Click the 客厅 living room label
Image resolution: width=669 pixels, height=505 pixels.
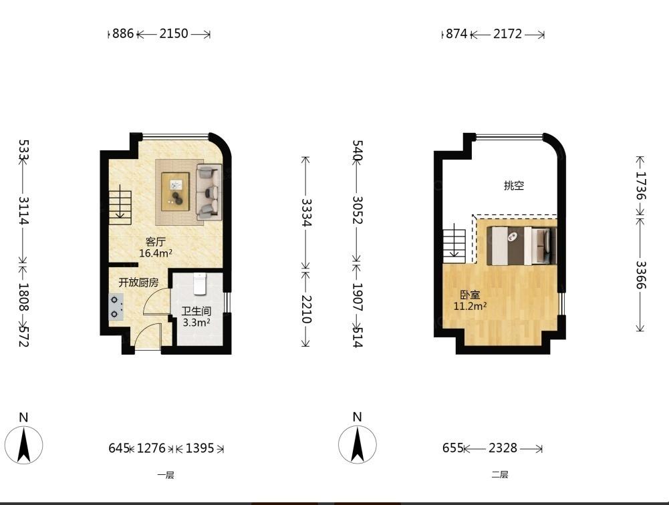(155, 242)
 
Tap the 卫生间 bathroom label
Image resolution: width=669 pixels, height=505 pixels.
(196, 311)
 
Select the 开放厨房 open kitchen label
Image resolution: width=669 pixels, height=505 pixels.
(138, 283)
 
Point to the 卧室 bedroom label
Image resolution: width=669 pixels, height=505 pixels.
(470, 295)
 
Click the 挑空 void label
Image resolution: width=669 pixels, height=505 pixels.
(514, 186)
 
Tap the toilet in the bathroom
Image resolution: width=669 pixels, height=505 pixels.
(200, 284)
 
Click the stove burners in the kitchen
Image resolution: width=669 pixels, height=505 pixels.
(116, 307)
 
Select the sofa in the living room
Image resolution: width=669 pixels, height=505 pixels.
(209, 192)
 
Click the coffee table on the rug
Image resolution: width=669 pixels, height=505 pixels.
(175, 191)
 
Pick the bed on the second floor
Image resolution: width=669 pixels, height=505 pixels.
(522, 246)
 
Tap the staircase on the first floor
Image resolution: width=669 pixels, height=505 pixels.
(120, 207)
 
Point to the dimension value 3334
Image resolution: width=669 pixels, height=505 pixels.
(306, 212)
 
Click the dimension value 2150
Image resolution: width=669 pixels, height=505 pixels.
(174, 33)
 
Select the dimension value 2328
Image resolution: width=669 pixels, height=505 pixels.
(503, 448)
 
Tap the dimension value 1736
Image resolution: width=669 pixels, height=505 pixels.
(641, 186)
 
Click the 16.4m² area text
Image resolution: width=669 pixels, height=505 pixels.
(156, 253)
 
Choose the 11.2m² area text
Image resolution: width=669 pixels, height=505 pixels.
(471, 306)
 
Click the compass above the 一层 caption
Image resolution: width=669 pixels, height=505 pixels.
(24, 444)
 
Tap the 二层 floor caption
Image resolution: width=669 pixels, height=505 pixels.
(500, 475)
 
